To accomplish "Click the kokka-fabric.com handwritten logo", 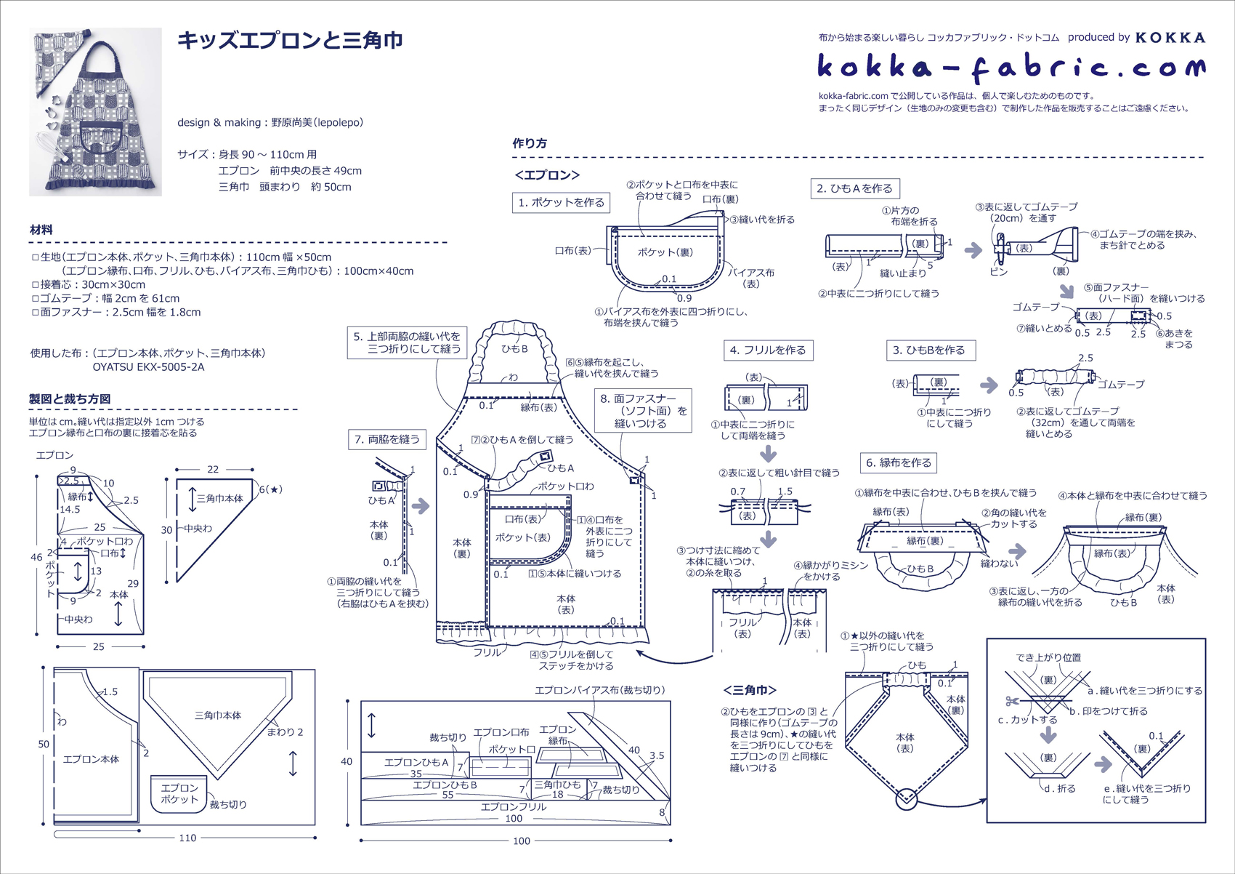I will coord(1011,68).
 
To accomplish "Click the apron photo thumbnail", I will coord(95,112).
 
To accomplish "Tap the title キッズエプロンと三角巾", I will coord(290,40).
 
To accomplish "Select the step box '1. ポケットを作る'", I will coord(561,203).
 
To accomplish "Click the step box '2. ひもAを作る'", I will coord(854,188).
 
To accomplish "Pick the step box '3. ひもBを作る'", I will coord(930,350).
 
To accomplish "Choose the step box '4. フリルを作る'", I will coord(768,350).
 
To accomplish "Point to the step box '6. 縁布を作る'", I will coord(899,462).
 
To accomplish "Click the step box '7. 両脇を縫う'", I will coord(387,439).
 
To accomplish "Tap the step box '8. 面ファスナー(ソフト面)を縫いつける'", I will coord(642,411).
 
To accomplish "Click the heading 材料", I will coord(41,230).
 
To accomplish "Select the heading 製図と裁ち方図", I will coord(70,398).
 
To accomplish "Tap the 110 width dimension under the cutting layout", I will coord(187,838).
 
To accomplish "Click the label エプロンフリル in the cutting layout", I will coord(513,807).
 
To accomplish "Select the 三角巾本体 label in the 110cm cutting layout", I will coord(218,715).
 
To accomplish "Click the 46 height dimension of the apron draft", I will coord(36,557).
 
